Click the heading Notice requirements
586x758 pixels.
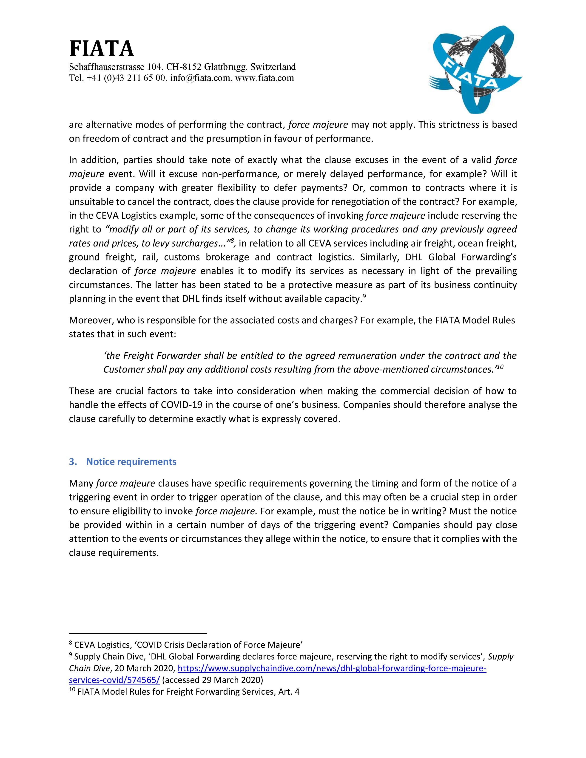pyautogui.click(x=131, y=462)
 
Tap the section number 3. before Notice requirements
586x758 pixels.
pyautogui.click(x=73, y=462)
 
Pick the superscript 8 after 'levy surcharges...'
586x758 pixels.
pyautogui.click(x=232, y=240)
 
